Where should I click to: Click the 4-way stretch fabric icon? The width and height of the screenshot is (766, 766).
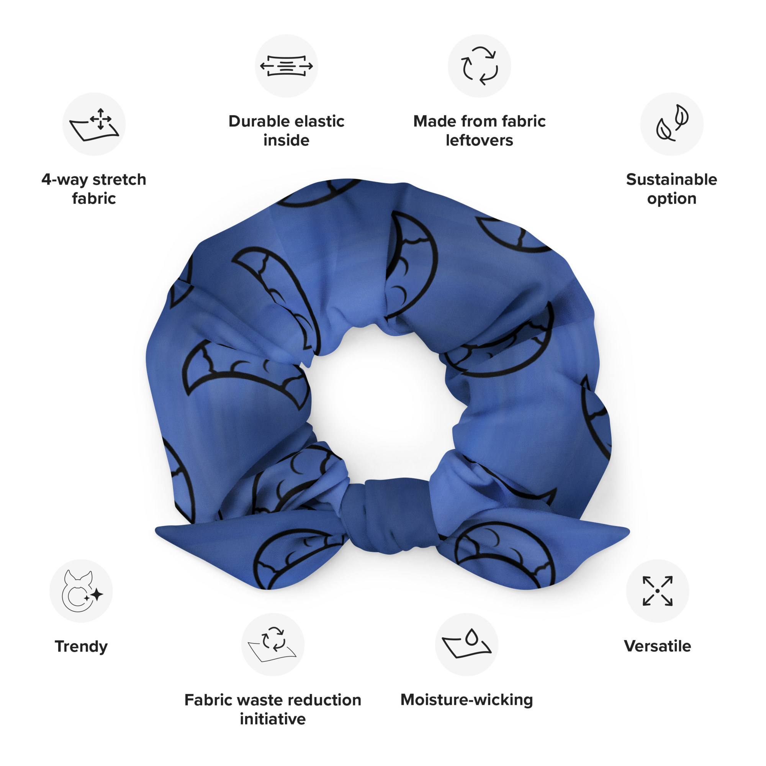(94, 124)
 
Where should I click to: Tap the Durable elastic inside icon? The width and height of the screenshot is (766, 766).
(286, 66)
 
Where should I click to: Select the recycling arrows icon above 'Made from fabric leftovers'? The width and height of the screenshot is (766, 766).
(480, 66)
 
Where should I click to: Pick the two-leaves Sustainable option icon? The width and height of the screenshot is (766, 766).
(672, 124)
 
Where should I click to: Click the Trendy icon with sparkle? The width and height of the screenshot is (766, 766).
(81, 591)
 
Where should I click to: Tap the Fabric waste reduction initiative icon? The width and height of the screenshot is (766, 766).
(273, 644)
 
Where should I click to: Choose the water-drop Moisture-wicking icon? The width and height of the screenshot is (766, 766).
(466, 644)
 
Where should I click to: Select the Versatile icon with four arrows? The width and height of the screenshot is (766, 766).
(657, 591)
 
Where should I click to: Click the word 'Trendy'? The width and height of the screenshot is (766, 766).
(81, 646)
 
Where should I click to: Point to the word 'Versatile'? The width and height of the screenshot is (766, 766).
(657, 646)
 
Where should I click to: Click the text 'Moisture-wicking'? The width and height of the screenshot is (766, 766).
(466, 700)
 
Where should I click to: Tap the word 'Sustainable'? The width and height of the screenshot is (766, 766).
(672, 180)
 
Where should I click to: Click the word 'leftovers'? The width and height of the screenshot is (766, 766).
(480, 140)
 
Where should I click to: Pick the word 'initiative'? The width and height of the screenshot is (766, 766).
(273, 719)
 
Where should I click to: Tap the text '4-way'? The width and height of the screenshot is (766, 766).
(64, 180)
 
